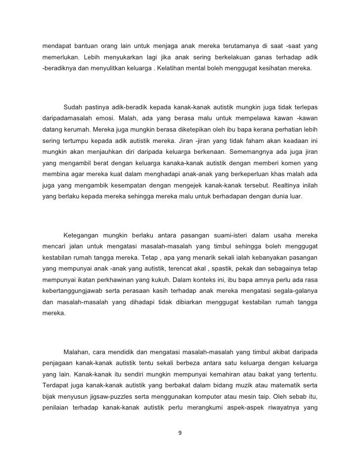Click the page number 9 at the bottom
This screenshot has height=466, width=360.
point(180,434)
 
